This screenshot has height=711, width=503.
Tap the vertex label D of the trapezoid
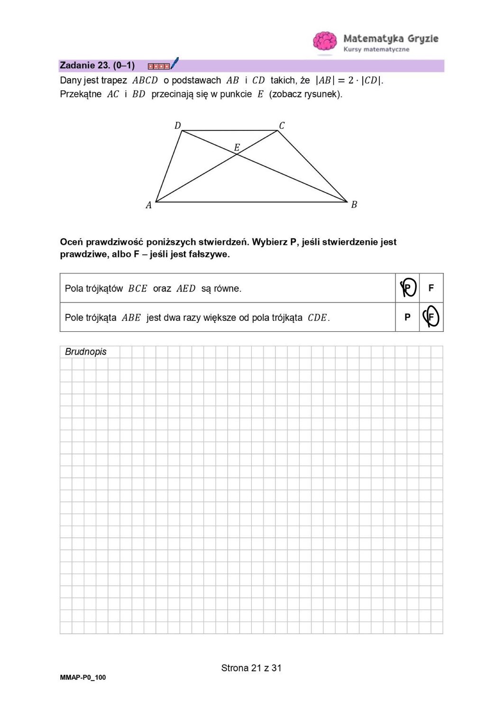(x=178, y=126)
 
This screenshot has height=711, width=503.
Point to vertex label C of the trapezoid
(x=282, y=126)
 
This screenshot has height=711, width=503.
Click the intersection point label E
(x=237, y=147)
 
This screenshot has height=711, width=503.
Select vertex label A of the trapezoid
(x=149, y=205)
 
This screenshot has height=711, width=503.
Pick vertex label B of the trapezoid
(x=354, y=205)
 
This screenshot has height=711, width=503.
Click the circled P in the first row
(x=408, y=288)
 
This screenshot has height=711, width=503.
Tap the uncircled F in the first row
(x=431, y=288)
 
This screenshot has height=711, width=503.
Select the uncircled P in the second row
(x=407, y=317)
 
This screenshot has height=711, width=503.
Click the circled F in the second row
(x=431, y=317)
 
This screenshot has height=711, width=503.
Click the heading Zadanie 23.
(x=97, y=65)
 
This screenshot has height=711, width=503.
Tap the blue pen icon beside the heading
(x=174, y=63)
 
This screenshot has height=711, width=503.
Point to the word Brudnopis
(x=86, y=352)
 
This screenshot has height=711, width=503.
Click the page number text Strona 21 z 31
(x=251, y=668)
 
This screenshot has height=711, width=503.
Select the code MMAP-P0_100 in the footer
(x=83, y=677)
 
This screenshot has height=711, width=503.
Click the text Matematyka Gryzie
(x=391, y=38)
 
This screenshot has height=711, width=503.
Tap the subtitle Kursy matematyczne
(x=376, y=49)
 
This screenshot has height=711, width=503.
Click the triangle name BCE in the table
(x=137, y=289)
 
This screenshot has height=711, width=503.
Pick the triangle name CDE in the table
(x=317, y=318)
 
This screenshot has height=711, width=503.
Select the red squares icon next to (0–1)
(x=158, y=66)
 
